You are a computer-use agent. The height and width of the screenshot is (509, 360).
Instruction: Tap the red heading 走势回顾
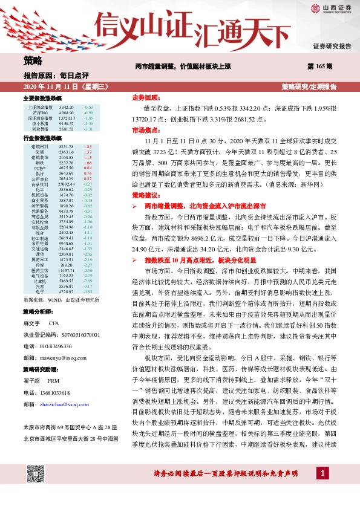coord(145,97)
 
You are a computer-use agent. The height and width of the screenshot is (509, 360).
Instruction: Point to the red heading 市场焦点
coord(145,130)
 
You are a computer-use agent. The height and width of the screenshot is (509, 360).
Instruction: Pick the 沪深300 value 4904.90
coord(67,112)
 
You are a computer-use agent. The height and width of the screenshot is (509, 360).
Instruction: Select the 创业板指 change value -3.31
coord(88,129)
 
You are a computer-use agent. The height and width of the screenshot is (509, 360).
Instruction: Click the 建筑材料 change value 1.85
coord(87,147)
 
